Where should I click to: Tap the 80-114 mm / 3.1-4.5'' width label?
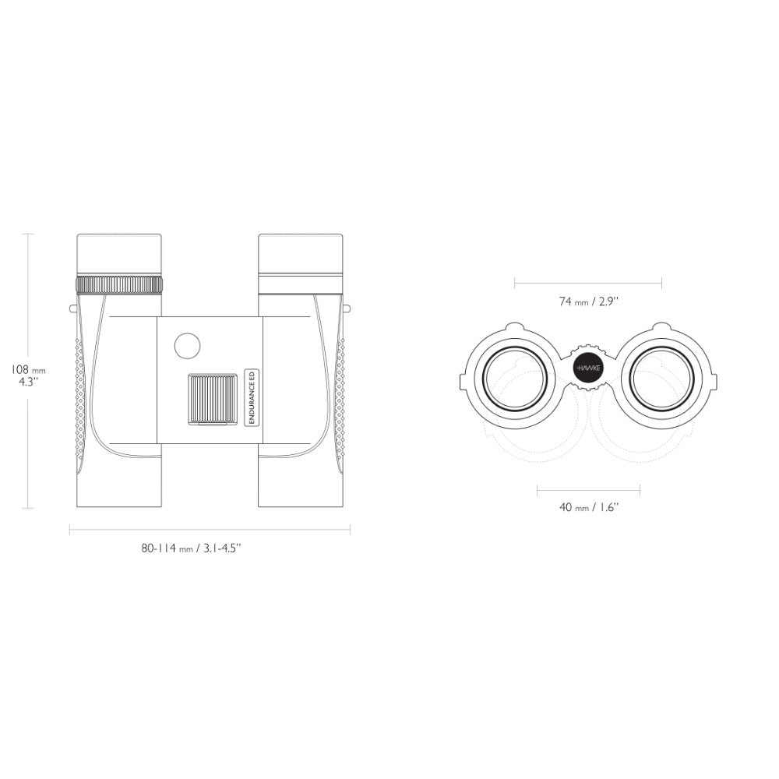pos(192,548)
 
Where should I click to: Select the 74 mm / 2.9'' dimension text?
pos(589,301)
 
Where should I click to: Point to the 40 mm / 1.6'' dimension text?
pos(589,507)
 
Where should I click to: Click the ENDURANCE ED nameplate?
pos(252,397)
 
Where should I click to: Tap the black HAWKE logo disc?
pos(588,368)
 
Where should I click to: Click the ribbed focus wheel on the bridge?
pos(213,399)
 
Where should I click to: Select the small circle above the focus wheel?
pos(187,346)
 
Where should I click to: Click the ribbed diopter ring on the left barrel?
pos(119,285)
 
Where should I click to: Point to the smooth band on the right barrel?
pos(301,284)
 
